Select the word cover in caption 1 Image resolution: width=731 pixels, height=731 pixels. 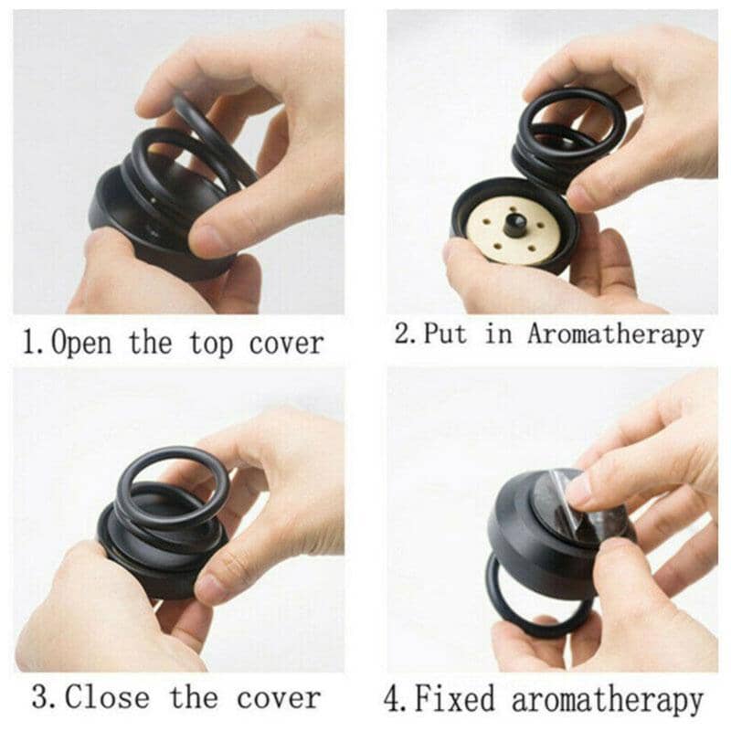285,344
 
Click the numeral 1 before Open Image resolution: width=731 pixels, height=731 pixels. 30,344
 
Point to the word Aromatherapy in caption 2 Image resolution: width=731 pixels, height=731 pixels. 615,334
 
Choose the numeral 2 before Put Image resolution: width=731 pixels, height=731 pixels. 403,334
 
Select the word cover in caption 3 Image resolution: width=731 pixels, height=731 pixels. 279,698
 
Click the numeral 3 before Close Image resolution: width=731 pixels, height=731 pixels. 41,698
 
